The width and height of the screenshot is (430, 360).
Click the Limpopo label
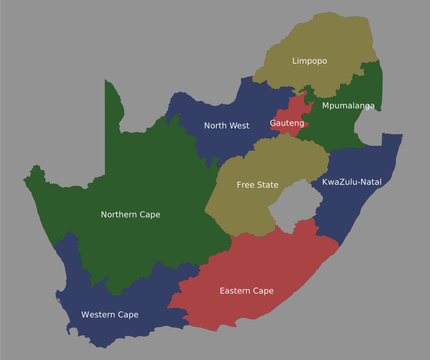click(309, 61)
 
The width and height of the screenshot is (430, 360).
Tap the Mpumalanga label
click(348, 105)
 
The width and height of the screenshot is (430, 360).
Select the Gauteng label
click(288, 123)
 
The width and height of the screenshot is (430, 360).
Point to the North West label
click(226, 126)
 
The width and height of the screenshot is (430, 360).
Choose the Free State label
click(258, 185)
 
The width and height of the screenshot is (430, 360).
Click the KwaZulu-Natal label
click(352, 182)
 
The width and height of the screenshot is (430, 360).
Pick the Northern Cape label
click(130, 214)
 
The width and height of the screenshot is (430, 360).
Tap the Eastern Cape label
click(246, 291)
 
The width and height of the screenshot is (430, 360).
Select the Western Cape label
click(110, 315)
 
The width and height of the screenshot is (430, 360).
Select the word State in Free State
click(268, 185)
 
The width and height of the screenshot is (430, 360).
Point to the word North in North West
click(216, 126)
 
